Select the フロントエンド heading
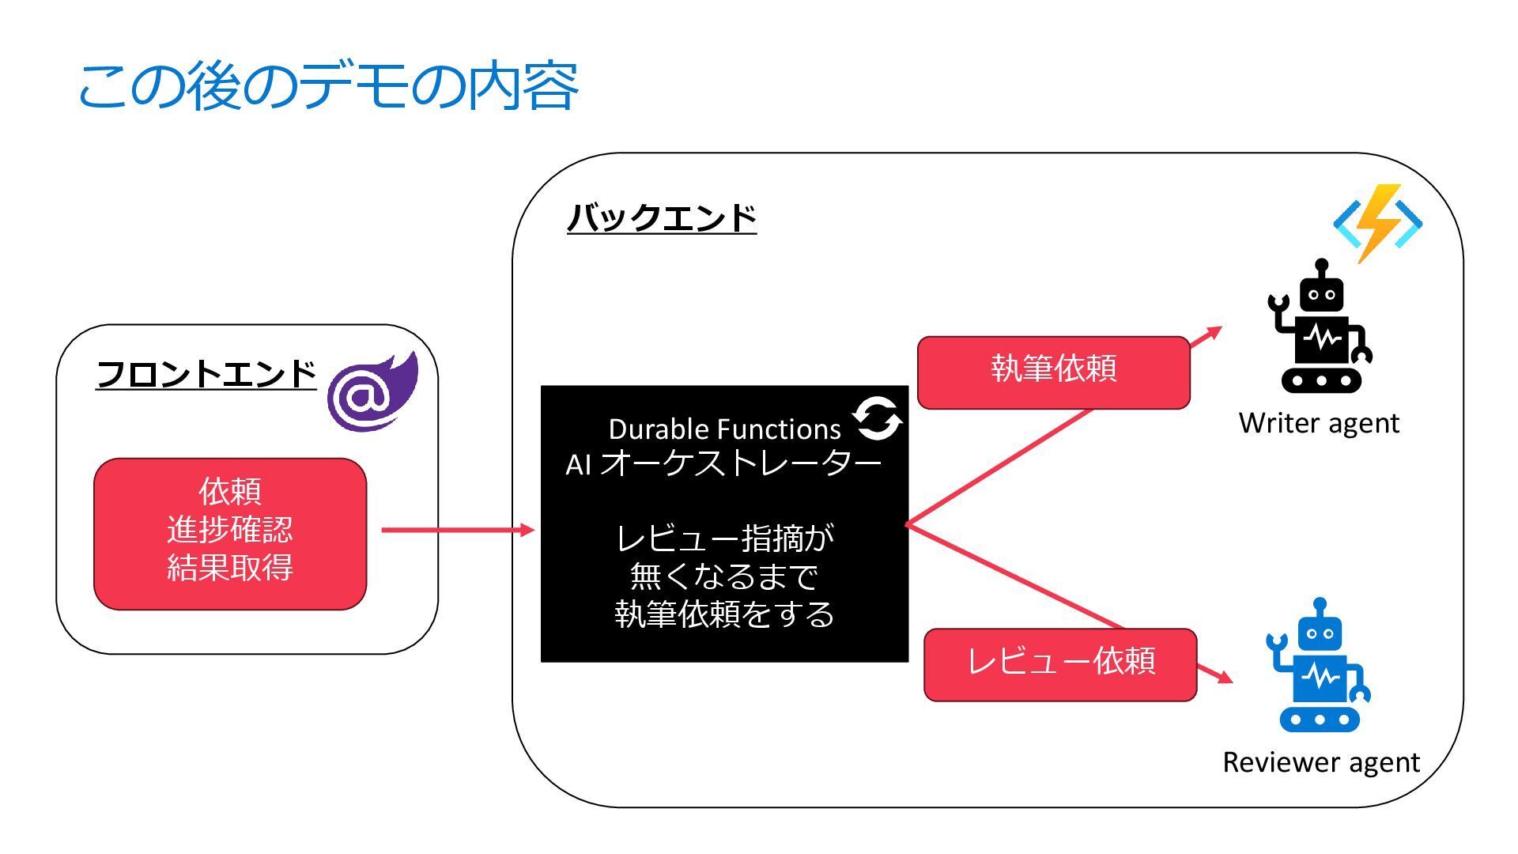click(206, 373)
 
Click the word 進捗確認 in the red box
click(229, 529)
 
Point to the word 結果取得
click(229, 567)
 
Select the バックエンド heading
click(661, 217)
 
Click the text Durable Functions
click(723, 429)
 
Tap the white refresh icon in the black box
click(877, 418)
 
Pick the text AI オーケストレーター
click(723, 464)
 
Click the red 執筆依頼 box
click(1053, 372)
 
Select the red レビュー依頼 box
click(1059, 664)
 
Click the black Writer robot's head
click(1321, 292)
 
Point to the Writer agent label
click(1319, 423)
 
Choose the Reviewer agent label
click(1320, 762)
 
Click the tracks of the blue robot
click(1320, 720)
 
